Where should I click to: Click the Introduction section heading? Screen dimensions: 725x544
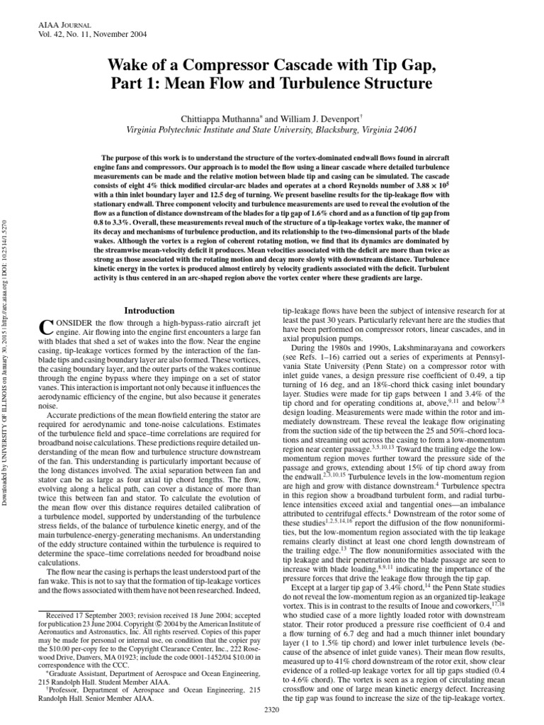pos(149,310)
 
